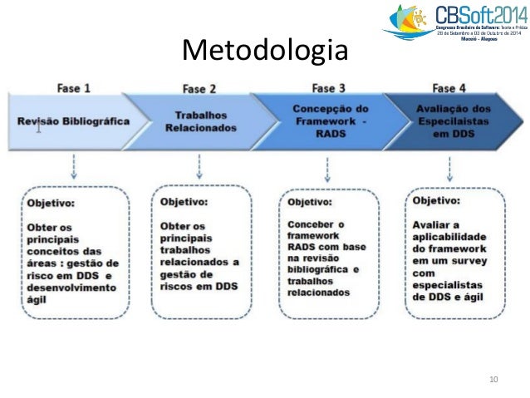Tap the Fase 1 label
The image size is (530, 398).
point(74,86)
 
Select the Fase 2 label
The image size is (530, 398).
point(199,88)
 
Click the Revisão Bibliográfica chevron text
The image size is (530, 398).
point(73,120)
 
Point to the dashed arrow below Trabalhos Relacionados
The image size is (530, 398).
point(199,166)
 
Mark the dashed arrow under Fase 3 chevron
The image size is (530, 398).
point(324,166)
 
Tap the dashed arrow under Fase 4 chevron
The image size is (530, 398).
point(449,166)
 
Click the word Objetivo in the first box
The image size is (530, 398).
point(49,202)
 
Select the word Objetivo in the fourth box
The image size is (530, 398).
point(435,200)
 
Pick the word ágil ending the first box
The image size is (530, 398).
point(38,300)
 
